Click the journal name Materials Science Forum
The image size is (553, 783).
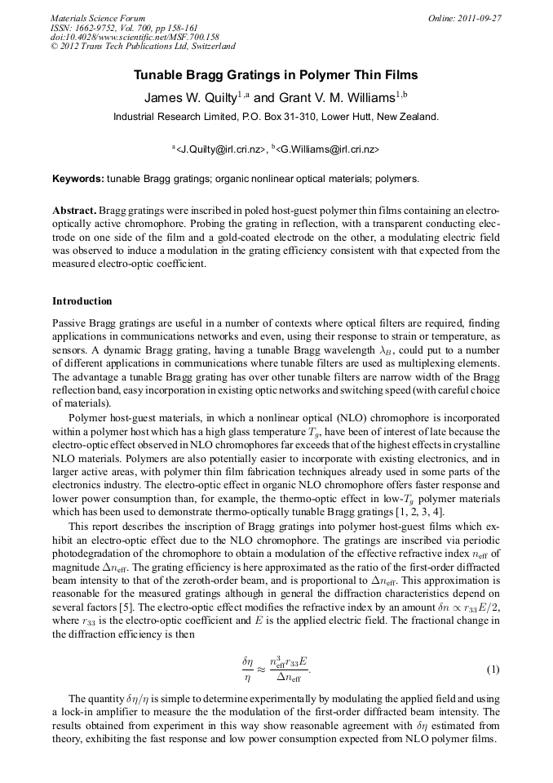tap(98, 18)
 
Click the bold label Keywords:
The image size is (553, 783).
tap(77, 178)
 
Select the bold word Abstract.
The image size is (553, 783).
tap(74, 210)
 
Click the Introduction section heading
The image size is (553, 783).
tap(82, 301)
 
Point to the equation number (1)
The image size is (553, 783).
tap(493, 670)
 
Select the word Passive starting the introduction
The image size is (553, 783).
tap(69, 324)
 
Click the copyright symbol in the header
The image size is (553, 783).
tap(55, 47)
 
